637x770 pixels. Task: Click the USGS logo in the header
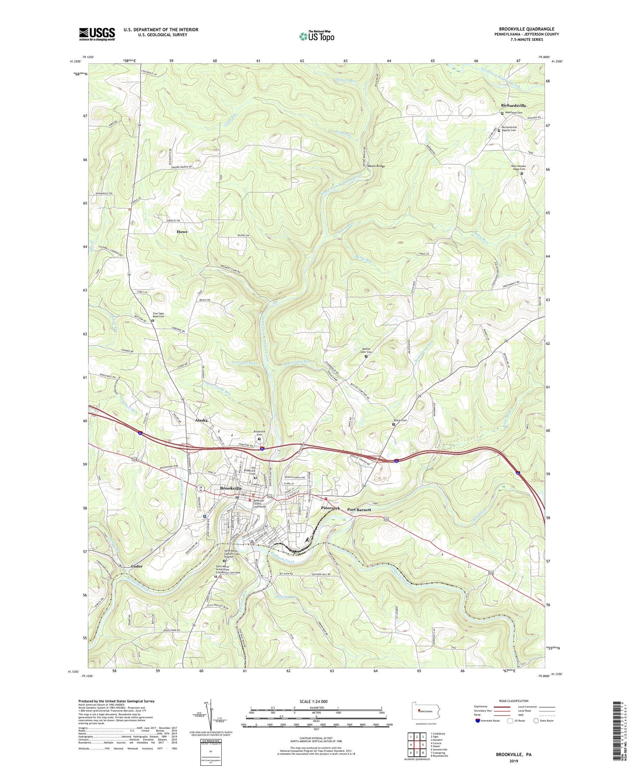pos(97,34)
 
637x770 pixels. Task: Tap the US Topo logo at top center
pos(316,37)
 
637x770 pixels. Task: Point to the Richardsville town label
pos(513,105)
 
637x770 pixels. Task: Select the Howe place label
pos(182,232)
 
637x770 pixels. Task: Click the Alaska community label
pos(201,420)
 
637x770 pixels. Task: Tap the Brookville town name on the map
pos(231,488)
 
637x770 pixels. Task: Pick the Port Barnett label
pos(359,510)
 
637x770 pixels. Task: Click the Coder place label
pos(137,566)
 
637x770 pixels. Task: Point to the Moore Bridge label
pos(376,166)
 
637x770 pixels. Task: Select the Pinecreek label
pos(330,508)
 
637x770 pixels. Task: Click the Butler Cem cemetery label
pos(401,420)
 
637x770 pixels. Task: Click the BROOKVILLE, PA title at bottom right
pos(513,755)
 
